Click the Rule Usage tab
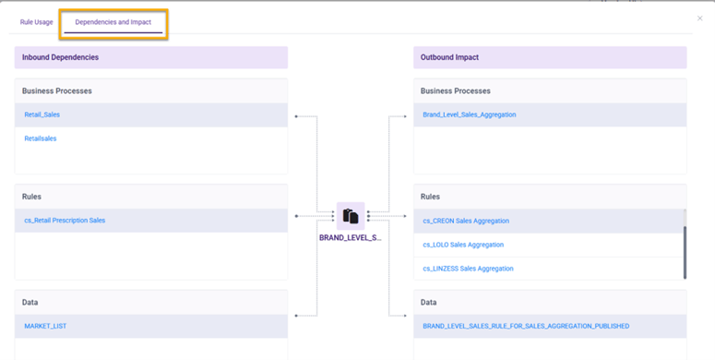point(37,22)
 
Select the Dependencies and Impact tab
point(113,22)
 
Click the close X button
point(699,18)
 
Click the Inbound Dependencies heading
point(60,57)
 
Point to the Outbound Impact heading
point(449,57)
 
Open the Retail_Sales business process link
point(42,114)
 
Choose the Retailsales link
point(41,138)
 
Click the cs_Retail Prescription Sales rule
point(65,221)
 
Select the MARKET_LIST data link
point(45,326)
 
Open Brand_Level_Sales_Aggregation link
point(469,114)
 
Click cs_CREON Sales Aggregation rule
point(466,221)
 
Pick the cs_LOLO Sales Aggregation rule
point(463,245)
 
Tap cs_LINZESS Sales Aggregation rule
point(468,269)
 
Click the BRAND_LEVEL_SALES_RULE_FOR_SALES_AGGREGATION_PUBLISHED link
point(526,326)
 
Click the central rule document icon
point(351,216)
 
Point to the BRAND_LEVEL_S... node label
point(350,238)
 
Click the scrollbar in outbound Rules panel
point(685,245)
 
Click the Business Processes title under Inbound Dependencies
point(57,90)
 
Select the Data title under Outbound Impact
point(429,302)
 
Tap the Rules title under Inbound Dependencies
point(32,197)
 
